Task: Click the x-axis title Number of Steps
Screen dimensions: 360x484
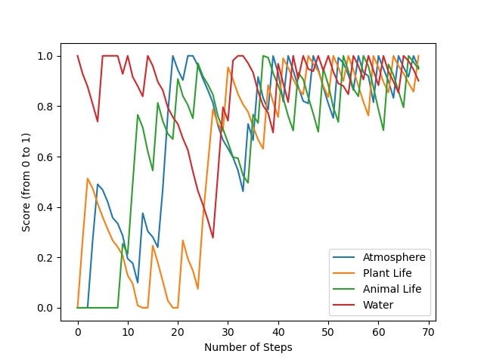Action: [x=248, y=347]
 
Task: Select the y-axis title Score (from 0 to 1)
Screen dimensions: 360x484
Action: [x=26, y=181]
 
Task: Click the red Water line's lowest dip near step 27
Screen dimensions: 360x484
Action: [x=213, y=237]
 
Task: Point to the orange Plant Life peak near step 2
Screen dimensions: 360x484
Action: [x=88, y=178]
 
